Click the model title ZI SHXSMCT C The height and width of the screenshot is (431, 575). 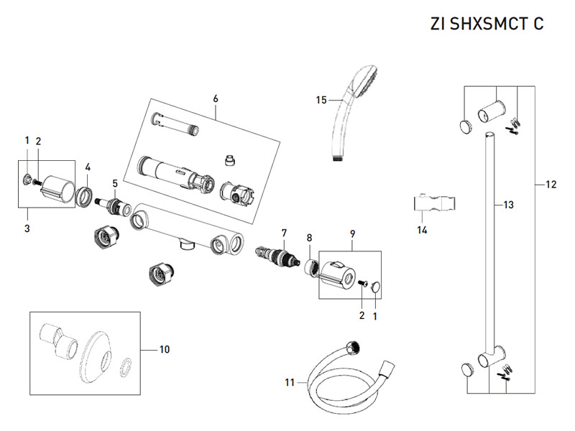coord(487,23)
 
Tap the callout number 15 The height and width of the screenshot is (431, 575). coord(321,100)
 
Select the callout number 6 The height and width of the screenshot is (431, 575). coord(215,97)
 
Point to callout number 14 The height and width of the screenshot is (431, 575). coord(422,230)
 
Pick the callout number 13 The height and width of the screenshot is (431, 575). coord(508,205)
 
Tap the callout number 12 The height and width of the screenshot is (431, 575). coord(551,185)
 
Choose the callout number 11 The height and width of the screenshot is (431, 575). coord(290,382)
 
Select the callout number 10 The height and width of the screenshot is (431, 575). coord(165,349)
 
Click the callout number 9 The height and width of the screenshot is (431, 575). coord(352,234)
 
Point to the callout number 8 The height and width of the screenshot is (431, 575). coord(309,238)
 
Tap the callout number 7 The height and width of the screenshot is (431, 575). coord(284,232)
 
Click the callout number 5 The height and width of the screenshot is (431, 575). coord(114,184)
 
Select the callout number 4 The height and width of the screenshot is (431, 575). coord(87,167)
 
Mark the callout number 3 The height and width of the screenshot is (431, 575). coord(27,229)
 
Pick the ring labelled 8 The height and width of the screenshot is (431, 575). coord(310,268)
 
